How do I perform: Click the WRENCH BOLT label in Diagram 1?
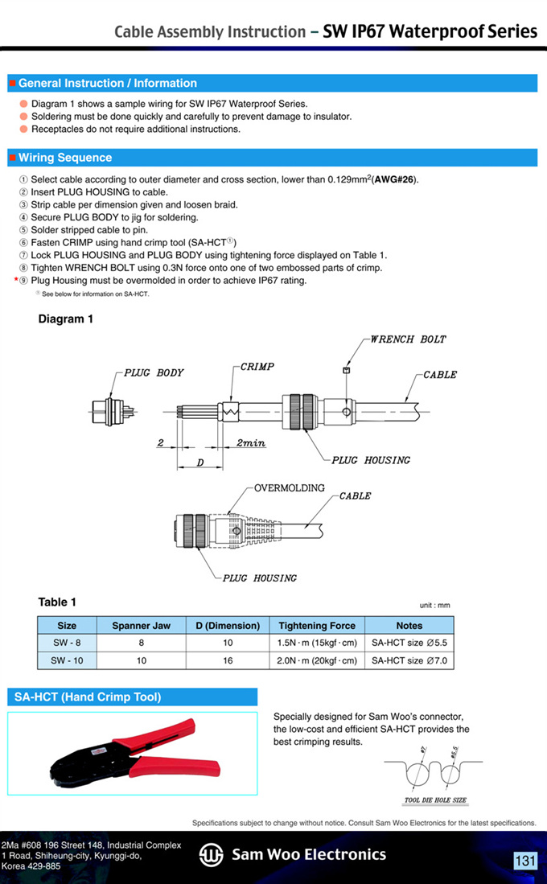tap(408, 339)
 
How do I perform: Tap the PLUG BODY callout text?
tap(154, 373)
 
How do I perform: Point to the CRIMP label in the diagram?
tap(257, 367)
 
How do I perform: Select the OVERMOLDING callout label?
tap(290, 488)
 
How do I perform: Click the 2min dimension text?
tap(251, 443)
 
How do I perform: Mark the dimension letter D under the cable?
tap(199, 464)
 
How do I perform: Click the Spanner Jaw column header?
tap(141, 626)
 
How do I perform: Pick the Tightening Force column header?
tap(317, 626)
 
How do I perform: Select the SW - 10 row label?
tap(67, 660)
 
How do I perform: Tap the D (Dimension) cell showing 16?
tap(228, 660)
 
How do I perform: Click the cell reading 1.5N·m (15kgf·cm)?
tap(317, 643)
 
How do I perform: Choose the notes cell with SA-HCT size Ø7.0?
tap(409, 660)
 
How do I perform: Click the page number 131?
tap(525, 861)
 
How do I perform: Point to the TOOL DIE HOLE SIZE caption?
tap(435, 801)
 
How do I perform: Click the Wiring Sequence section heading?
tap(65, 158)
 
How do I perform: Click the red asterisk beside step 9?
tap(14, 281)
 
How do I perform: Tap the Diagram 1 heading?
tap(66, 319)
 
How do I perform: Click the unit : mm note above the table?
tap(434, 606)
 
